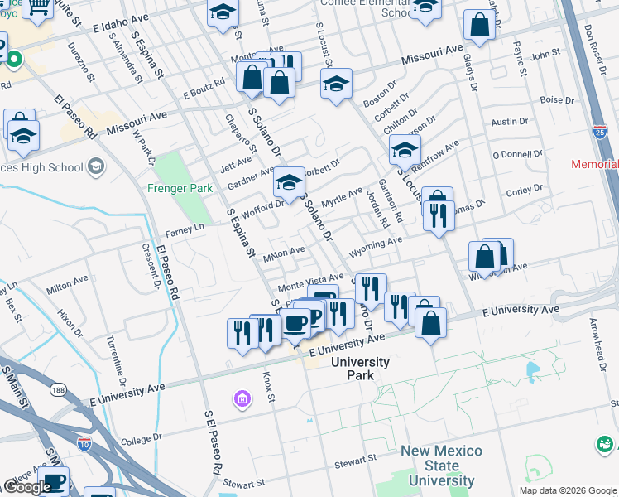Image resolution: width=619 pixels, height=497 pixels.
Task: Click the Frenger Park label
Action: [180, 188]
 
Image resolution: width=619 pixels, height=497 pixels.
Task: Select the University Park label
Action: [359, 369]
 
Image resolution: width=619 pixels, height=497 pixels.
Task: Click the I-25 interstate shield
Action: [600, 132]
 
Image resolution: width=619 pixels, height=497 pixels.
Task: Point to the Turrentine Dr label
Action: [115, 361]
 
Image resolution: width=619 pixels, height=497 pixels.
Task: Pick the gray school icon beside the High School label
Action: [96, 167]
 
